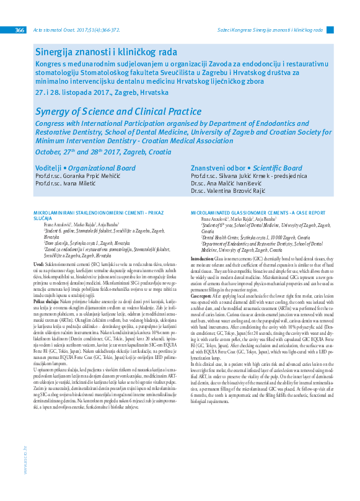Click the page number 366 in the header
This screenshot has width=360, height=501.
tap(20, 30)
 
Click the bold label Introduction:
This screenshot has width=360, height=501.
tap(203, 258)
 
